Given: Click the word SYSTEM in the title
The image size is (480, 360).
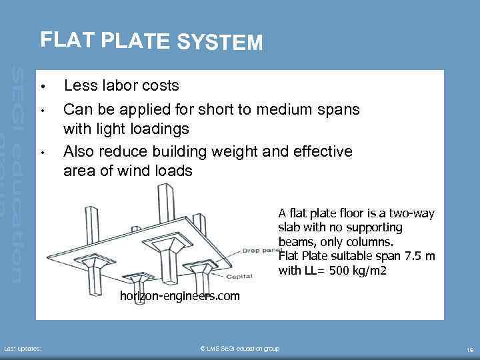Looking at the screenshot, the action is pyautogui.click(x=220, y=43).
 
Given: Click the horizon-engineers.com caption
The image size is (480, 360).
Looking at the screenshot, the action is pyautogui.click(x=179, y=296).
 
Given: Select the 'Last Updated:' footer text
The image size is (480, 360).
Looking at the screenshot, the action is pyautogui.click(x=23, y=349).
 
